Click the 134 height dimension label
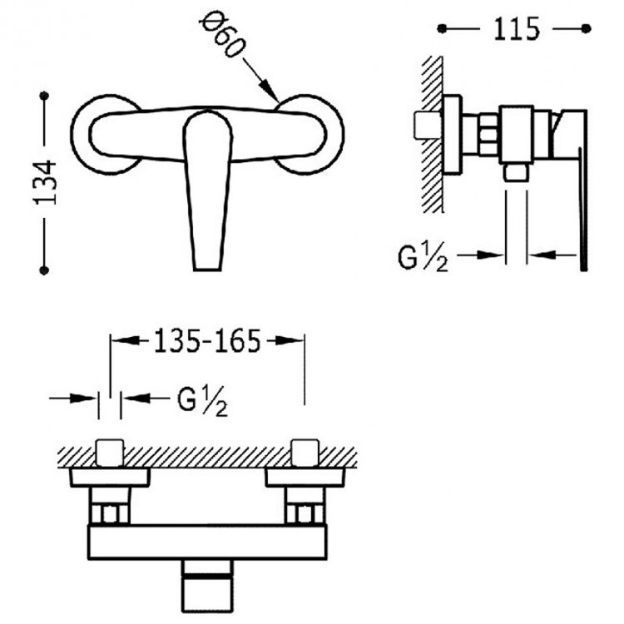coord(46,182)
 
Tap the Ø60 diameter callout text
coord(221,35)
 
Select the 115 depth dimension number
coord(516,28)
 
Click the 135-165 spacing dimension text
coord(206,340)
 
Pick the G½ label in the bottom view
coord(202,401)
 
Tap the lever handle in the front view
coord(207,191)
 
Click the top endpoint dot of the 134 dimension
coord(44,96)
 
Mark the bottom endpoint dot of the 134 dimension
coord(44,270)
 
